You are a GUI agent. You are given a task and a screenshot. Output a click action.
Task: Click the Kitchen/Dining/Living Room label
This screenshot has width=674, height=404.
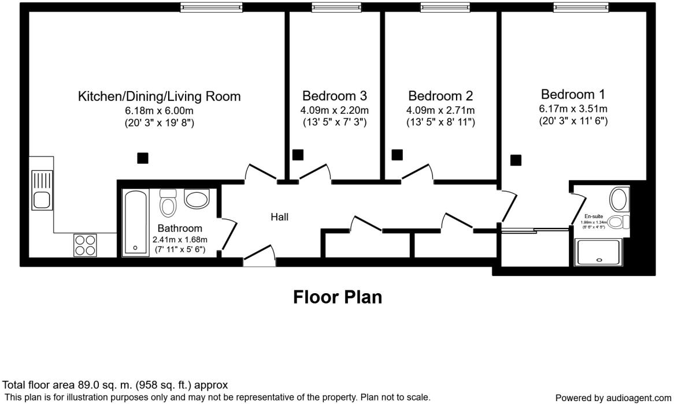159,96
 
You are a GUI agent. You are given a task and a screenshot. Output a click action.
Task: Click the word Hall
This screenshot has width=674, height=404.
279,217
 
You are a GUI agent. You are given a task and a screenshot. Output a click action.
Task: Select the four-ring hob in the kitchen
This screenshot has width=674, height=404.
86,245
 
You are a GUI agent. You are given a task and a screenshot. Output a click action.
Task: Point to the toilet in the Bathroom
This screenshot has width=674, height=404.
168,203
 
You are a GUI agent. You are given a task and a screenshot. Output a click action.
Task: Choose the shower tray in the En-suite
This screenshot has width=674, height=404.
599,252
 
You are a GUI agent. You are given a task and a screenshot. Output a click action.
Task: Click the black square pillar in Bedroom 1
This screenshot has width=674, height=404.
516,160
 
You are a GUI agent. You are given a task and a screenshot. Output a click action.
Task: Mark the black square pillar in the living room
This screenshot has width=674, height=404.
142,158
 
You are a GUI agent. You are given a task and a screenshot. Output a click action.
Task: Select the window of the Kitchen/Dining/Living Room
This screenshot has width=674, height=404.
211,7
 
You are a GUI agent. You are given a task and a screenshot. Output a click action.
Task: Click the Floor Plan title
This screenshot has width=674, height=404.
338,297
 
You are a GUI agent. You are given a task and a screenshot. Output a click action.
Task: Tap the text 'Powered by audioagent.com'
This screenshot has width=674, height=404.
613,398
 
